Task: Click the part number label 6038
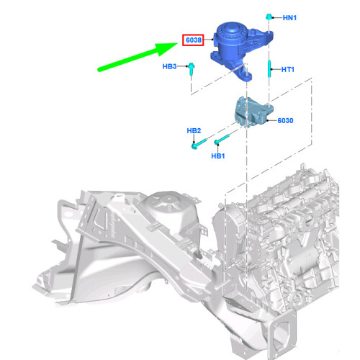point(194,40)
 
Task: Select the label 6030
point(285,120)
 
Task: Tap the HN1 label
point(289,18)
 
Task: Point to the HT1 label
point(288,70)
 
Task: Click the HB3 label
point(169,66)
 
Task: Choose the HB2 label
point(194,131)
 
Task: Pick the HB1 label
point(218,156)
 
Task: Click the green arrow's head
point(167,49)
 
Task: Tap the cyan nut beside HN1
point(269,17)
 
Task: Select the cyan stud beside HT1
point(269,68)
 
